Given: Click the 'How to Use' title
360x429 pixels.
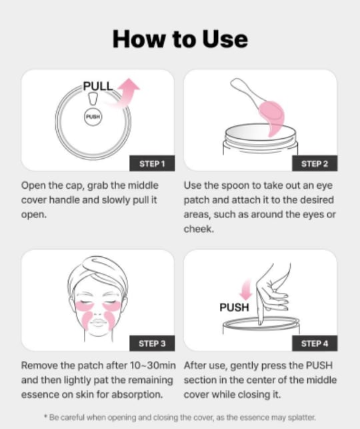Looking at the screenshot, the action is click(x=180, y=39).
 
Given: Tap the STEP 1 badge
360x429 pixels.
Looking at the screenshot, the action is click(x=152, y=163).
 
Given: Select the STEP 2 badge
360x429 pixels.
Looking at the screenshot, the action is click(x=315, y=163).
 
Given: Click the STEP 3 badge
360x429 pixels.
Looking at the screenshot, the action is click(x=152, y=343).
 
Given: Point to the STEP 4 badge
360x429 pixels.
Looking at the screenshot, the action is click(x=315, y=343).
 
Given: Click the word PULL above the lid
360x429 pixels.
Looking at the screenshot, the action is click(x=98, y=86).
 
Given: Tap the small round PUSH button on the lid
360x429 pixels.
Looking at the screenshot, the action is click(x=93, y=117).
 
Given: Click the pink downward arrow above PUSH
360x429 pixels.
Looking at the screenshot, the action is click(x=246, y=290).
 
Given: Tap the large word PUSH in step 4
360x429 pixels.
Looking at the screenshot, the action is click(x=234, y=308).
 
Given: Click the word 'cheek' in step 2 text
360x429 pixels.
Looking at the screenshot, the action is click(x=199, y=229).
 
